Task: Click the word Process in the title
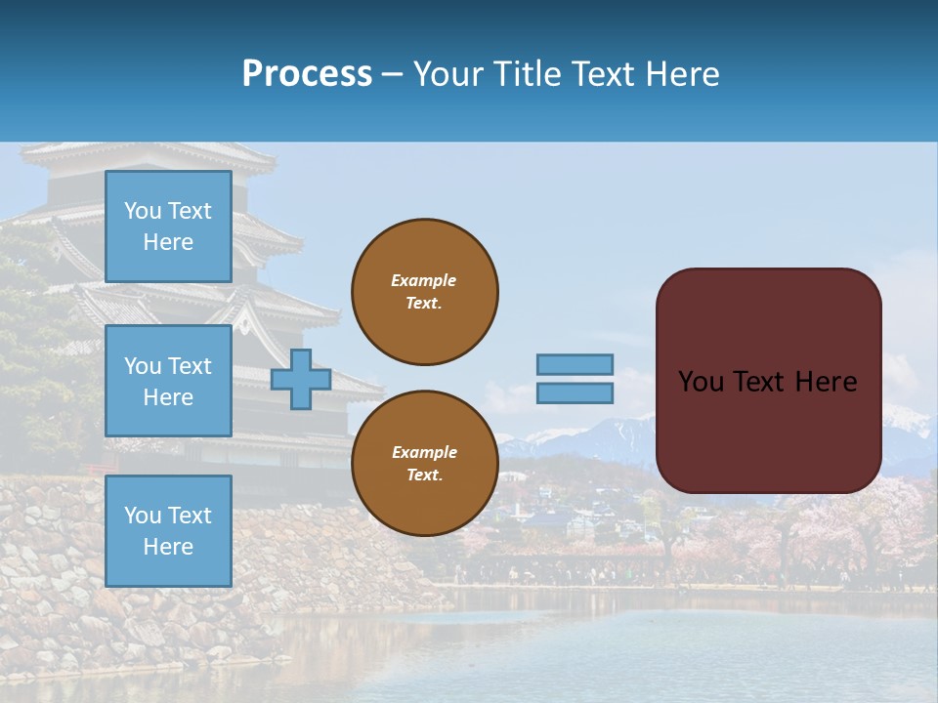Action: (x=307, y=74)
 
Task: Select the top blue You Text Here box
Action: (x=168, y=227)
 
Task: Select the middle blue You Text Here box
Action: (x=168, y=381)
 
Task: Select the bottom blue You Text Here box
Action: (x=168, y=531)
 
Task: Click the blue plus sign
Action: (x=301, y=379)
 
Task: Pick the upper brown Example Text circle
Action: (x=425, y=291)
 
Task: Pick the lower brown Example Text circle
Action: (x=425, y=463)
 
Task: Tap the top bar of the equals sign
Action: (x=575, y=364)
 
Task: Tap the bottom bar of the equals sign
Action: (x=575, y=393)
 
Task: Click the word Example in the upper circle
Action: (x=424, y=280)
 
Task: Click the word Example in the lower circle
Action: (x=424, y=452)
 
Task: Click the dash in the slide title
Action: (x=392, y=75)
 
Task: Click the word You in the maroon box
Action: (x=700, y=382)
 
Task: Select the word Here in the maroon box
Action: (x=825, y=382)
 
